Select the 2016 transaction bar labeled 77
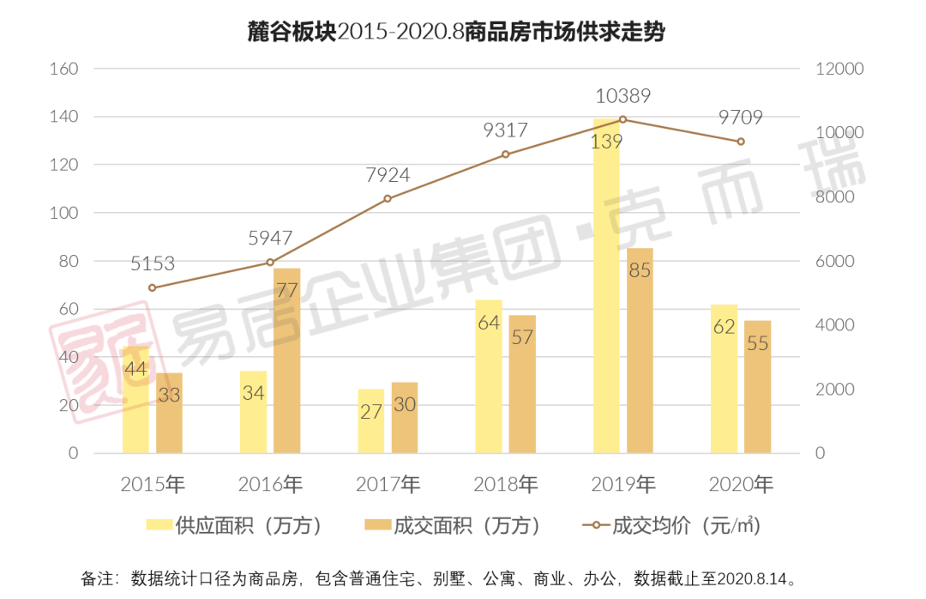[x=287, y=360]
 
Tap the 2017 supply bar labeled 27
[x=370, y=421]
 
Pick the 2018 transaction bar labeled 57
[x=521, y=384]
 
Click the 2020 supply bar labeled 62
[x=724, y=378]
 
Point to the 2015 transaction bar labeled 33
[x=170, y=412]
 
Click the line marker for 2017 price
[x=388, y=198]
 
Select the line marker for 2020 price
[x=741, y=142]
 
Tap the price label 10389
[x=622, y=95]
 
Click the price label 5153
[x=153, y=263]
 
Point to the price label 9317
[x=505, y=130]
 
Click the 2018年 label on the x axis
[x=506, y=485]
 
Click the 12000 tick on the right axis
[x=835, y=68]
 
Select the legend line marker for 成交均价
[x=593, y=525]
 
